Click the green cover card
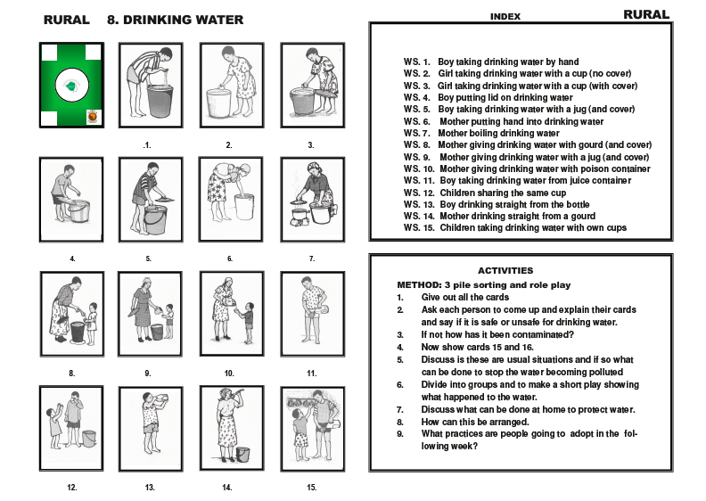[71, 85]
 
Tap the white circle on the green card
[72, 85]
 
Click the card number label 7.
[312, 259]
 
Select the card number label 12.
[72, 488]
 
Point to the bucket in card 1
[160, 101]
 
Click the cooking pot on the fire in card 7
[300, 213]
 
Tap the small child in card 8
[92, 323]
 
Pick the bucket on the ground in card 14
[242, 454]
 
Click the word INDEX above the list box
[505, 17]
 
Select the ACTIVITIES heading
[505, 270]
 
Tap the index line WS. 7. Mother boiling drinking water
[481, 133]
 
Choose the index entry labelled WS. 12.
[485, 193]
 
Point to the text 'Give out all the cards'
[465, 297]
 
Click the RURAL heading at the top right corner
[646, 15]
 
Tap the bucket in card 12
[89, 439]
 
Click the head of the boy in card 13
[148, 398]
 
